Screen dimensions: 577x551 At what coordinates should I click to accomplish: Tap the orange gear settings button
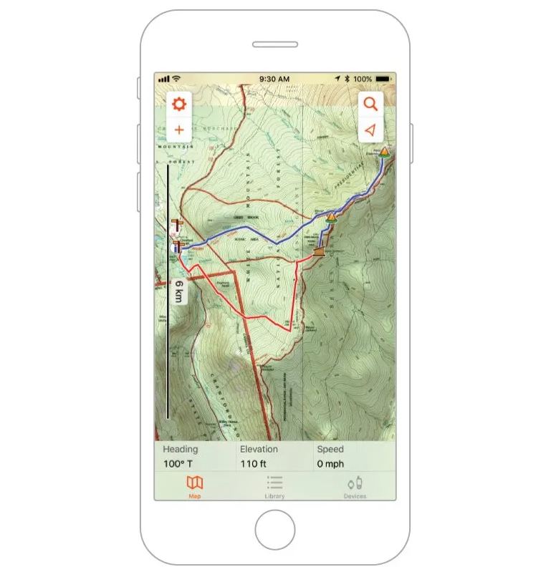(178, 105)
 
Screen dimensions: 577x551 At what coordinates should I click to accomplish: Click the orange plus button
(178, 130)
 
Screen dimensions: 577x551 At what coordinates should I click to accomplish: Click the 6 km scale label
(178, 292)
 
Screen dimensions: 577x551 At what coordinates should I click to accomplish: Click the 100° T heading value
(178, 464)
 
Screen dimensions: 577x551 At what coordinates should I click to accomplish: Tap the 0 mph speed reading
(330, 464)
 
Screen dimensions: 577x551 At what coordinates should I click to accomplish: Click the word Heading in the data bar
(180, 450)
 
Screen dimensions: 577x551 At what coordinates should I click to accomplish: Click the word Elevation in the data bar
(259, 450)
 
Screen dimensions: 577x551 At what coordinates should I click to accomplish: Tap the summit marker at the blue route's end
(385, 151)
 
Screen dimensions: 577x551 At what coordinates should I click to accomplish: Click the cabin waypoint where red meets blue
(319, 251)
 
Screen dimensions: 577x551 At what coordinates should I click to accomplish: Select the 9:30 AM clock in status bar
(274, 79)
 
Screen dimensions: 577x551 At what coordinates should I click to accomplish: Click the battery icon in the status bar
(384, 79)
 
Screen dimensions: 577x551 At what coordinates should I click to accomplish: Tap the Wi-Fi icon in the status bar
(176, 79)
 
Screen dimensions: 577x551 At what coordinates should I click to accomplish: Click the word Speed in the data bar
(330, 450)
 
